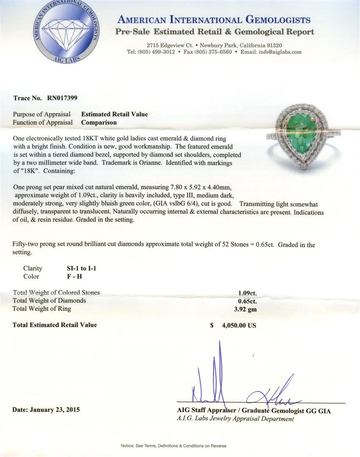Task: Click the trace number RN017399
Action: [x=59, y=98]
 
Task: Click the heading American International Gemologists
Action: [x=214, y=20]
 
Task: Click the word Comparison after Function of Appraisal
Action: [x=99, y=122]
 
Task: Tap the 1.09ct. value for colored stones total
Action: [x=247, y=292]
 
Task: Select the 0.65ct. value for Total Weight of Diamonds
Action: [x=247, y=301]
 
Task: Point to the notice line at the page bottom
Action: [x=180, y=446]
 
